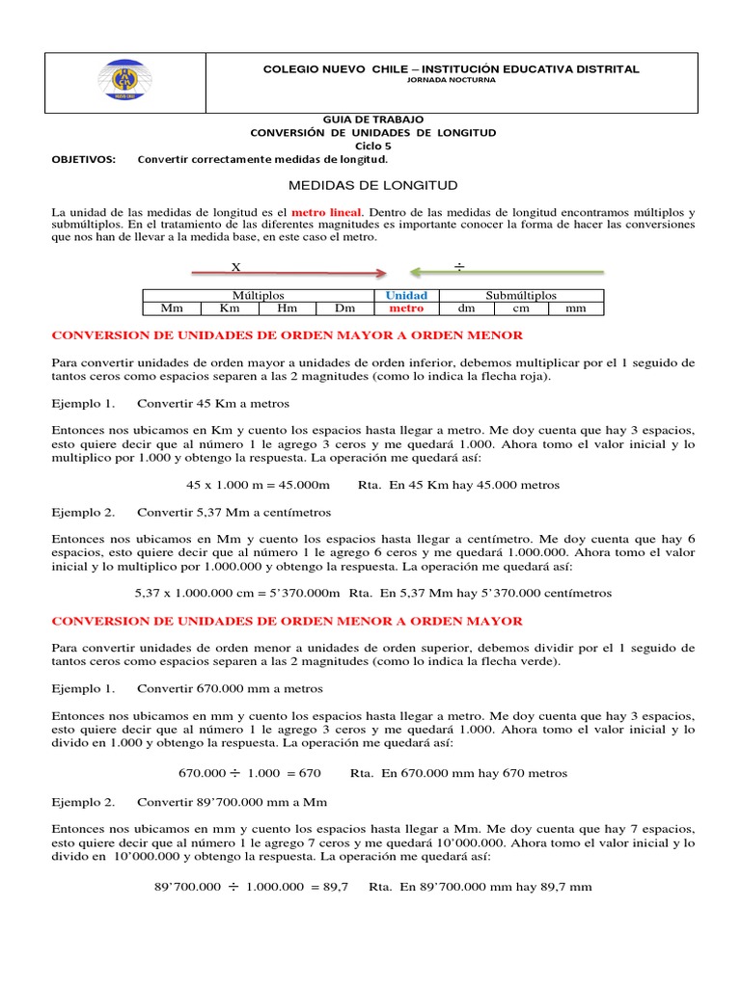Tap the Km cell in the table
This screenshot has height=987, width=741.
click(230, 308)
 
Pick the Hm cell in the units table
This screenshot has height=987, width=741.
click(287, 308)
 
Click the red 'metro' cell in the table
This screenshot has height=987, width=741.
click(406, 308)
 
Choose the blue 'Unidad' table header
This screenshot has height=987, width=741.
click(406, 295)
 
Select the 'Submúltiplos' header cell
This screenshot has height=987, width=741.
click(521, 295)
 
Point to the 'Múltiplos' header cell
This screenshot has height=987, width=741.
click(258, 295)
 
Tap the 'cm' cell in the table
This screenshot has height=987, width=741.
click(521, 308)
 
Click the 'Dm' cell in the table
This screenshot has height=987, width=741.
click(344, 308)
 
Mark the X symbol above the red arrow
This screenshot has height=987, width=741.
click(235, 266)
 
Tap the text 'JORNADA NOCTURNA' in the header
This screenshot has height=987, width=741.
click(452, 80)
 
